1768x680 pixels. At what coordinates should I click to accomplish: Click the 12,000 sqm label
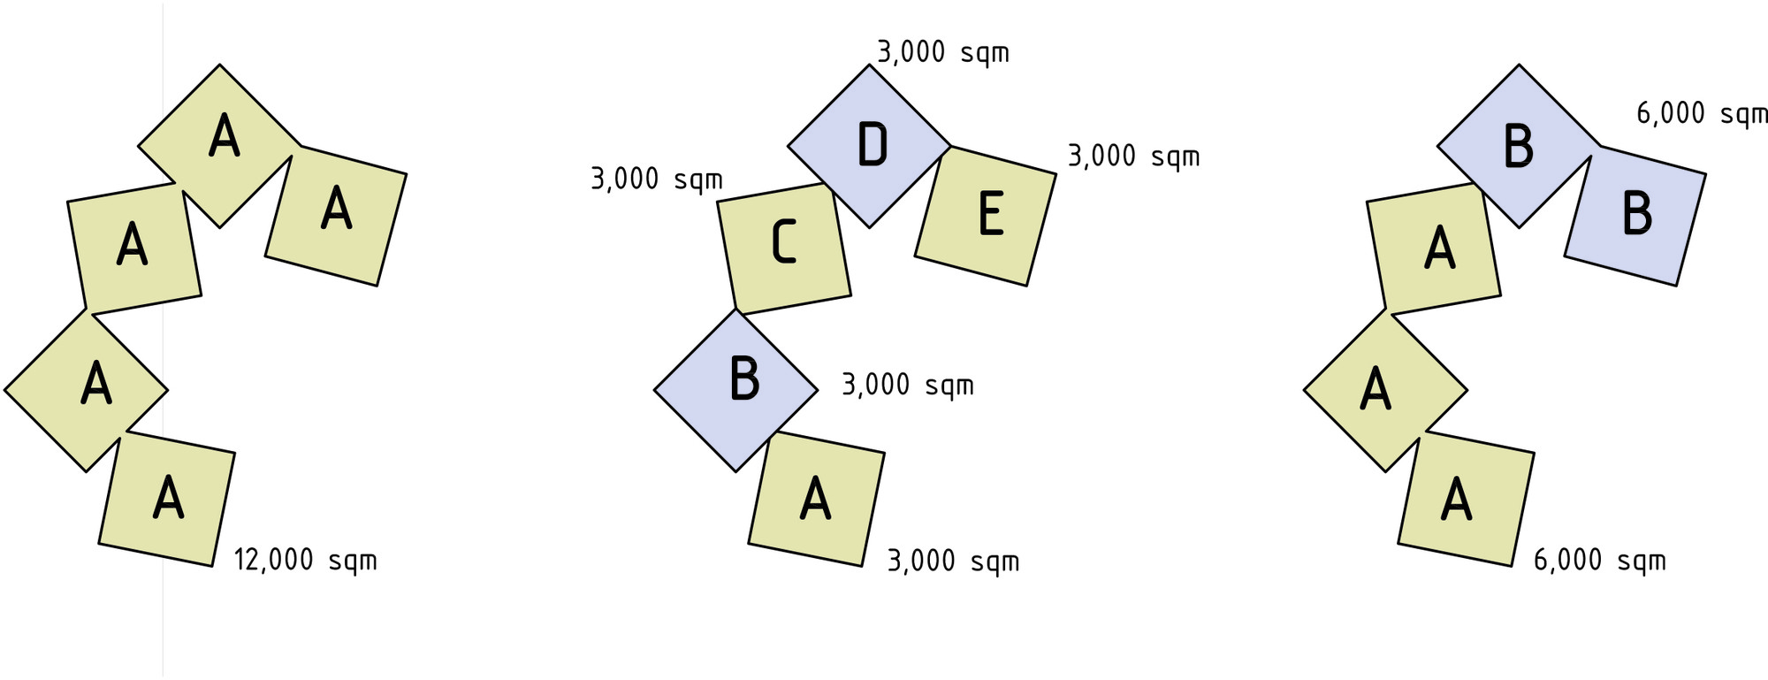point(305,561)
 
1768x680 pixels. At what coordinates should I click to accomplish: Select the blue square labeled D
point(869,146)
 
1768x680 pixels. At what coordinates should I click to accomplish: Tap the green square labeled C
point(784,248)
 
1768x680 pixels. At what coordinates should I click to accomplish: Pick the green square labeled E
point(986,216)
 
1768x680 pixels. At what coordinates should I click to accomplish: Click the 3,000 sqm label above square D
point(943,52)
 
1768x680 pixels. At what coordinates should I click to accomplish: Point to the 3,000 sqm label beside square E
point(1134,157)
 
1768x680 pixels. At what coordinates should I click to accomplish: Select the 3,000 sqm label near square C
point(657,180)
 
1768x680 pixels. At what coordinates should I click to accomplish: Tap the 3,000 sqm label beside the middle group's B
point(908,385)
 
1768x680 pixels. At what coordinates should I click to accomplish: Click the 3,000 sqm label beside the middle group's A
point(953,561)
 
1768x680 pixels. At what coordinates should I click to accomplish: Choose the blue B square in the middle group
point(735,389)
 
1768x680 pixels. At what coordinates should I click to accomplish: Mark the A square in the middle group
point(817,499)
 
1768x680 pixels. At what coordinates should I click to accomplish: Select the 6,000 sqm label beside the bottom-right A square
point(1600,561)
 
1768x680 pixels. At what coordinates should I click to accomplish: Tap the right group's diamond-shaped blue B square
point(1519,146)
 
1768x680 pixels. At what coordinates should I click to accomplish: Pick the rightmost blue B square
point(1635,216)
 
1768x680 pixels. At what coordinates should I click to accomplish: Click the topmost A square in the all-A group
point(219,146)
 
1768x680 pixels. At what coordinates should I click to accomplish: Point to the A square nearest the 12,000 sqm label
point(167,499)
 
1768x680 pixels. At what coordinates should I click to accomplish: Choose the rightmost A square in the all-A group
point(336,216)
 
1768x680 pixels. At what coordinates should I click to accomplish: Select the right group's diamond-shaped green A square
point(1385,389)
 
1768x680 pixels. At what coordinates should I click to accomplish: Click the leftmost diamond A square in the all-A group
point(86,389)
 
